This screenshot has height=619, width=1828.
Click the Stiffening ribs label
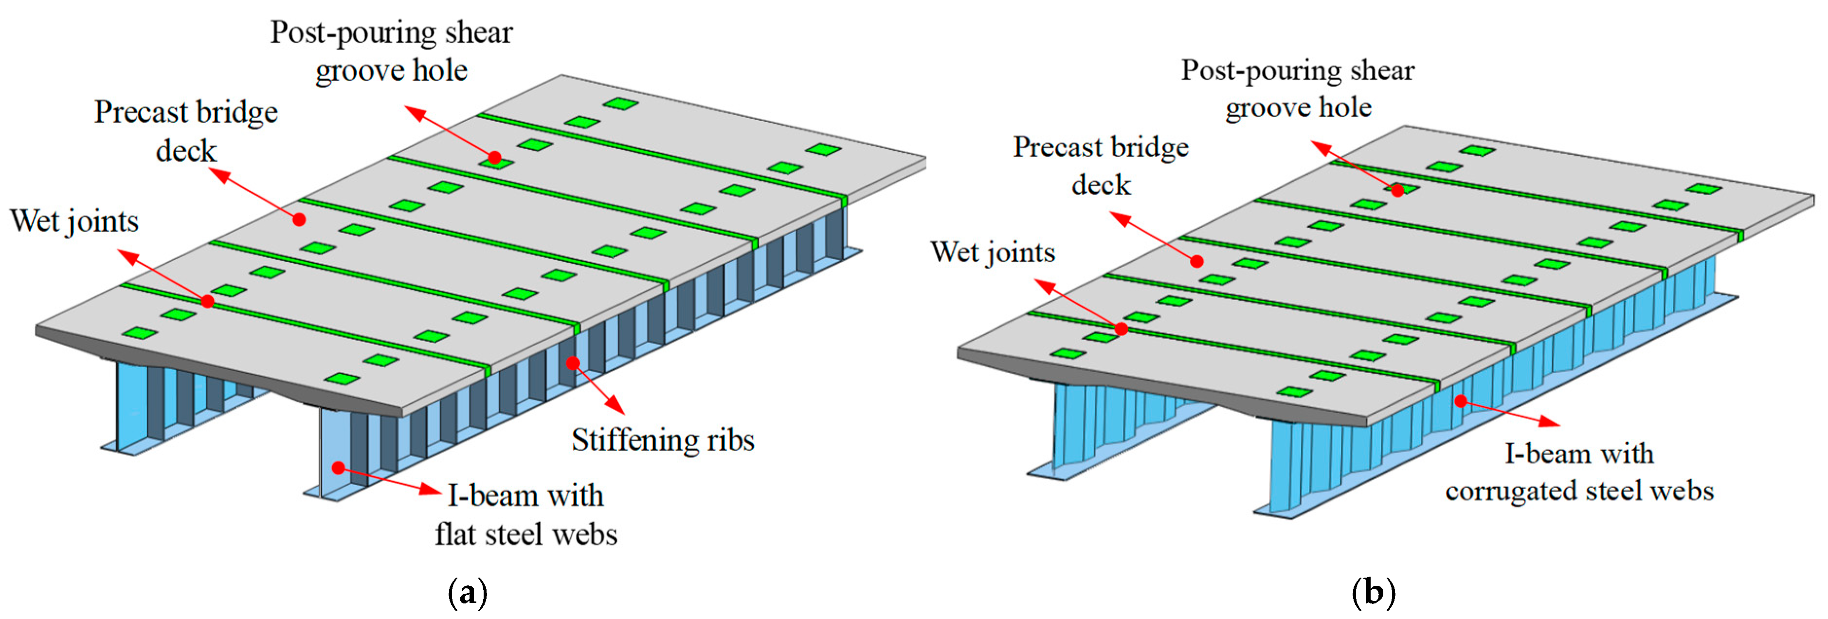point(663,440)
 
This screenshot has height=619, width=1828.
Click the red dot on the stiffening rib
point(573,364)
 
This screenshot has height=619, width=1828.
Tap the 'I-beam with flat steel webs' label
point(526,515)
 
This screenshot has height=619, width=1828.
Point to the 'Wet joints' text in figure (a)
point(74,221)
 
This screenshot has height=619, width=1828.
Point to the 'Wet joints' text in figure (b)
point(992,253)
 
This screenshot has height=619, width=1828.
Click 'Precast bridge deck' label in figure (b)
point(1101,165)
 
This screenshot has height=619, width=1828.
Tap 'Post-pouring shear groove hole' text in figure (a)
point(391,51)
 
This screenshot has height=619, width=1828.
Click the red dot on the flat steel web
point(339,468)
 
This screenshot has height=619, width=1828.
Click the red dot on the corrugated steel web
point(1461,401)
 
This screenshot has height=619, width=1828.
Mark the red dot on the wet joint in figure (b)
point(1121,328)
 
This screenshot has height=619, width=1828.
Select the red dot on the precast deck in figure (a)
point(299,220)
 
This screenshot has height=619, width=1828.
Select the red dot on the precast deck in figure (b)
point(1196,261)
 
